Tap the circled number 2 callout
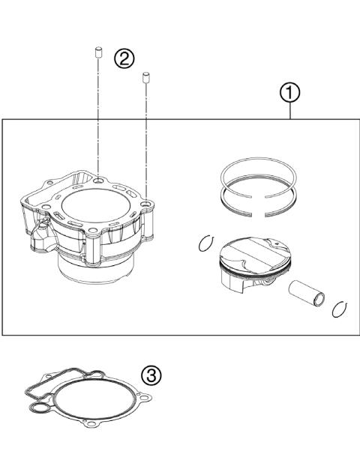(124, 58)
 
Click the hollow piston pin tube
(307, 296)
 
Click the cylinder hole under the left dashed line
(99, 181)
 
